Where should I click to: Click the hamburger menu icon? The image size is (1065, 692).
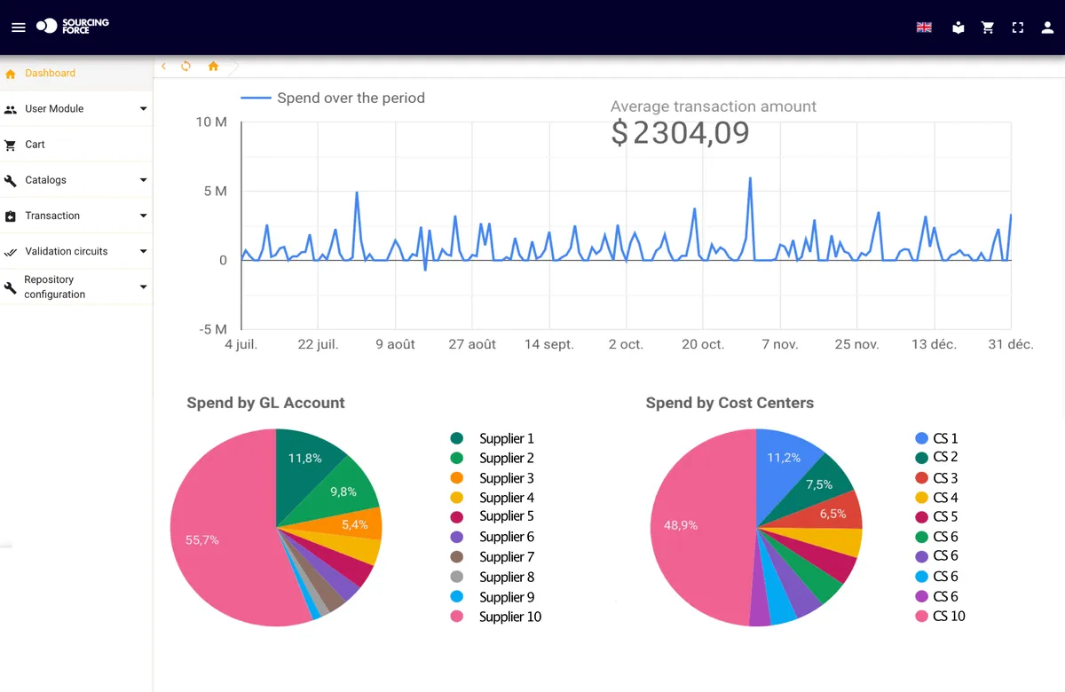coord(18,28)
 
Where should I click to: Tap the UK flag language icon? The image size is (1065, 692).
coord(924,28)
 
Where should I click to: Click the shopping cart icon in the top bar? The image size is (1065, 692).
coord(988,28)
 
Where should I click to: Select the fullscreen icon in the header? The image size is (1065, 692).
coord(1017,28)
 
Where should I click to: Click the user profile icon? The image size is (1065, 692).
coord(1047,28)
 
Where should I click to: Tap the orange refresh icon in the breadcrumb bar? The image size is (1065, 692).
coord(185,66)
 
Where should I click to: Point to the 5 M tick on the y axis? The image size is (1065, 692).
coord(215,191)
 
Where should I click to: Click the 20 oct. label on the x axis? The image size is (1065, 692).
coord(703,344)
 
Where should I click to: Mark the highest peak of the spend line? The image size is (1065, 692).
coord(750,178)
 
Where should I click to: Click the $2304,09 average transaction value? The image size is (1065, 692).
coord(680,132)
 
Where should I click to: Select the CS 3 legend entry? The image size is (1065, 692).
coord(936,477)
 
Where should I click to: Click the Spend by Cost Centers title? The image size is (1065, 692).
coord(730,403)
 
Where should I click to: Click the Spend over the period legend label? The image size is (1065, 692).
coord(351,98)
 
